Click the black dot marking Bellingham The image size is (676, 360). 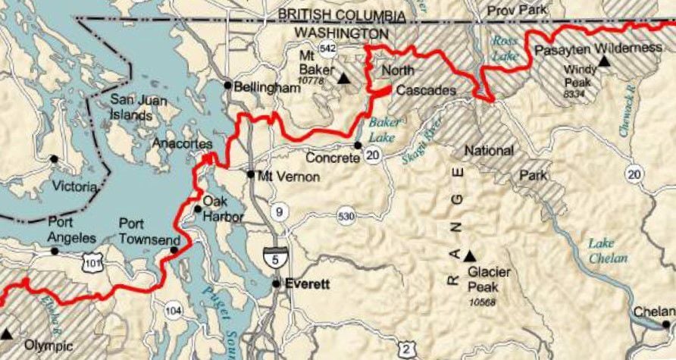(x=227, y=84)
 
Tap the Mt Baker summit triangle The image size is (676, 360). (x=343, y=78)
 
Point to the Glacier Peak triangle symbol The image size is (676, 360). (x=469, y=255)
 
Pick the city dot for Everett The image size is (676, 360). (x=277, y=283)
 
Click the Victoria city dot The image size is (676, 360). (x=53, y=158)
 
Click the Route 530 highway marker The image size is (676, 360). (x=346, y=218)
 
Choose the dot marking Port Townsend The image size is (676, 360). (x=174, y=250)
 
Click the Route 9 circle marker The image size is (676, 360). (x=280, y=211)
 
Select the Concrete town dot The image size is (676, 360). (x=358, y=145)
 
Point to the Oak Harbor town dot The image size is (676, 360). (x=198, y=208)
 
